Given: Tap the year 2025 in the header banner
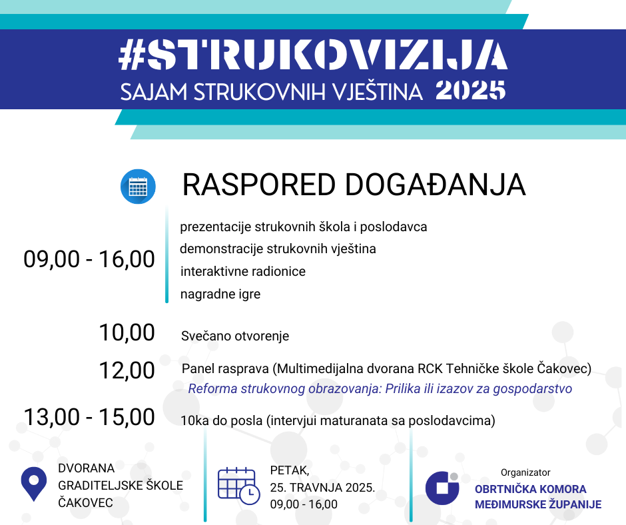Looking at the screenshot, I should coord(471,91).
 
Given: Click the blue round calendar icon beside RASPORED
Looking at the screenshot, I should coord(138,187).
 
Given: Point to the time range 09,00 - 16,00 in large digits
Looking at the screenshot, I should coord(89,259).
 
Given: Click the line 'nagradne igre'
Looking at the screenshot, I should coord(220,294).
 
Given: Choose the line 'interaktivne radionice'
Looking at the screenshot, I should coord(242,272).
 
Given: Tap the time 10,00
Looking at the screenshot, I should coord(127,332).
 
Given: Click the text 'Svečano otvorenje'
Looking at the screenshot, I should coord(235,336).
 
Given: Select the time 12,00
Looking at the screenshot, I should coord(127,370).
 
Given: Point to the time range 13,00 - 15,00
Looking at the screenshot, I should coord(89,417).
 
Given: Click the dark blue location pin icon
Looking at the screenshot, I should coord(34,484).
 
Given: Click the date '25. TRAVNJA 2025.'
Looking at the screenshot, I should coord(323,488).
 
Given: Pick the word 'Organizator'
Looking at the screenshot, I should coord(525,472).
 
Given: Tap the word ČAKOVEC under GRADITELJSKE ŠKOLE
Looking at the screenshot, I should coord(85,502).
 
